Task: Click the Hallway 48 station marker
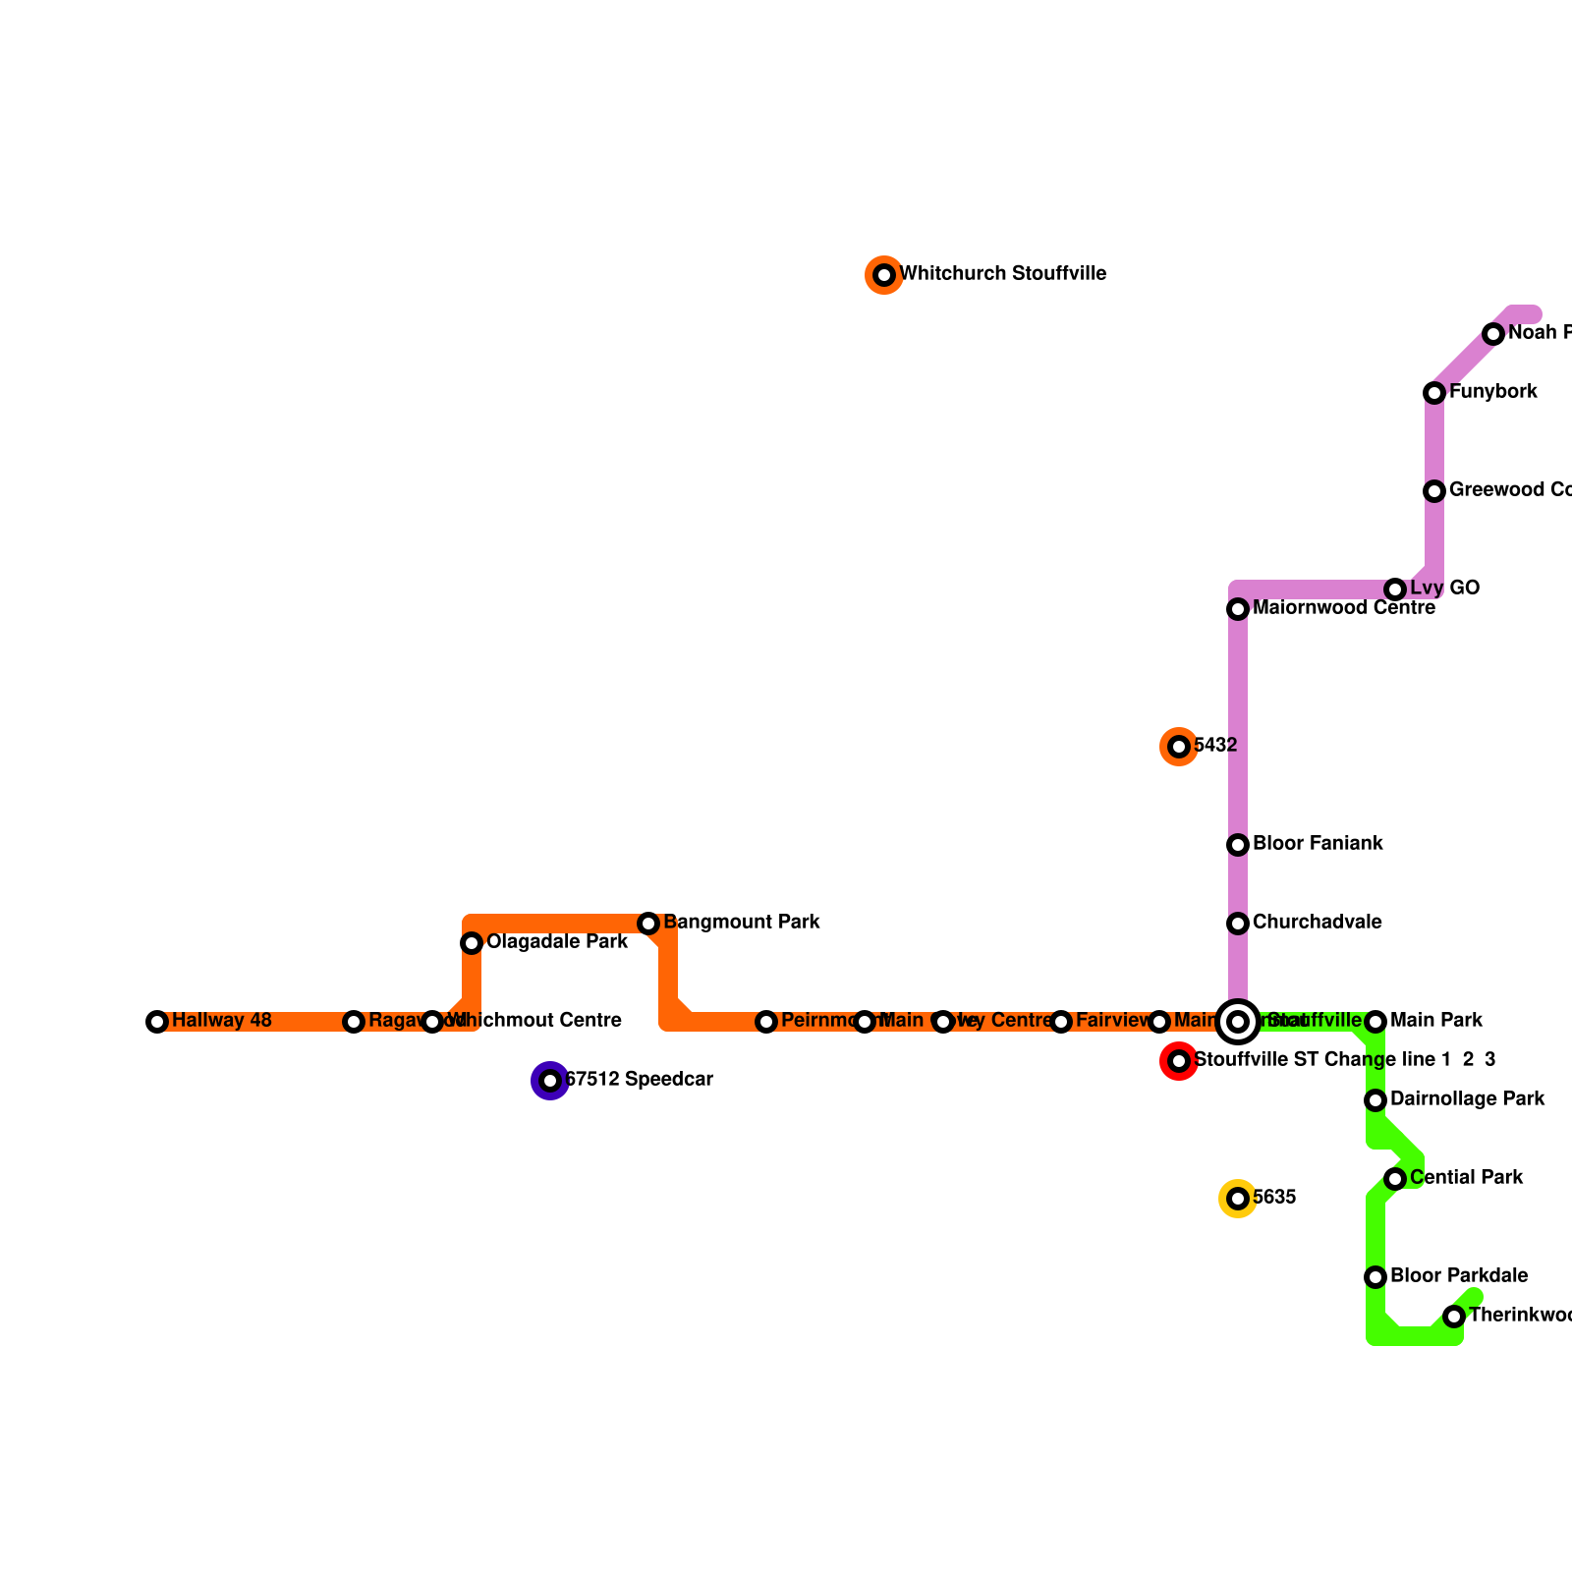point(157,1022)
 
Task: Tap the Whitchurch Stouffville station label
point(1003,274)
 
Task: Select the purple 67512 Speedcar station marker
point(550,1081)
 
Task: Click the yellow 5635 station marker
point(1238,1199)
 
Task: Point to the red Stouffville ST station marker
point(1179,1061)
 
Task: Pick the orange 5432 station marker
point(1179,747)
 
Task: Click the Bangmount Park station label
point(742,923)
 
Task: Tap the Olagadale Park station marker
point(472,943)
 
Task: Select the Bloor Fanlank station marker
point(1238,845)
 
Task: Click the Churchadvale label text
point(1318,923)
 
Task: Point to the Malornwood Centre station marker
point(1238,609)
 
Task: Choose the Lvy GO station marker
point(1395,589)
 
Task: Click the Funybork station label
point(1493,392)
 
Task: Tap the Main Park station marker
point(1375,1022)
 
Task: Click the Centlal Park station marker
point(1395,1179)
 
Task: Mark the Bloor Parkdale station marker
point(1375,1277)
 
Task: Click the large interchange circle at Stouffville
point(1238,1022)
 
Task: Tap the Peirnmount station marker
point(766,1022)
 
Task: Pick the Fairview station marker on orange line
point(1061,1022)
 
